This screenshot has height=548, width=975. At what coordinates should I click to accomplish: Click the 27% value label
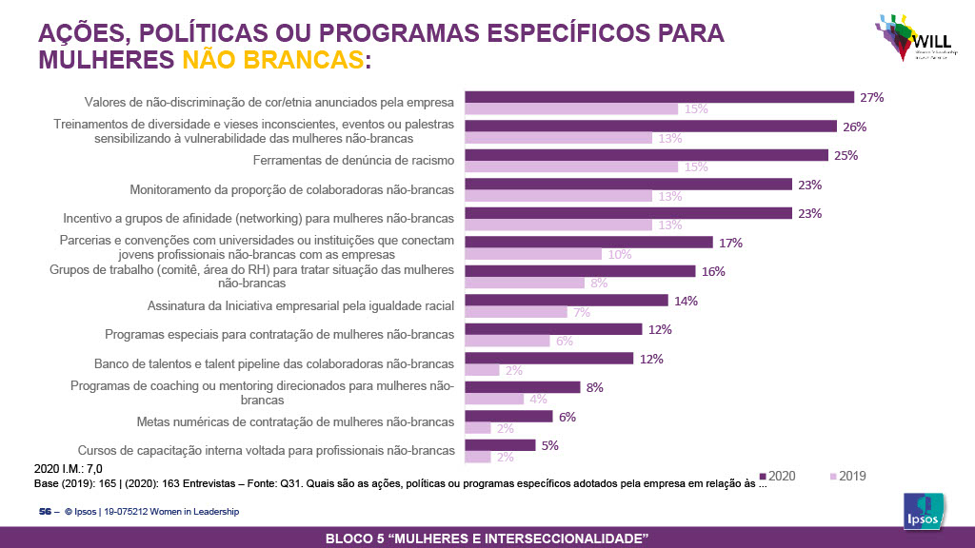pyautogui.click(x=873, y=97)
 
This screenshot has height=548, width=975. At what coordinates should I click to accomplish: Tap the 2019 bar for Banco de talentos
pyautogui.click(x=482, y=370)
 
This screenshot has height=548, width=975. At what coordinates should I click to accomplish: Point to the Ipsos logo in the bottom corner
pyautogui.click(x=923, y=514)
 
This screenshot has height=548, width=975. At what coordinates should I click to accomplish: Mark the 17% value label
pyautogui.click(x=731, y=243)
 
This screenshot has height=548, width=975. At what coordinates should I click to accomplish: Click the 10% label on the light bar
pyautogui.click(x=619, y=254)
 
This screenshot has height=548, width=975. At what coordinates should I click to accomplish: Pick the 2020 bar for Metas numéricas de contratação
pyautogui.click(x=508, y=417)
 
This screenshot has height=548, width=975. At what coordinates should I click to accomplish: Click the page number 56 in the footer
pyautogui.click(x=44, y=512)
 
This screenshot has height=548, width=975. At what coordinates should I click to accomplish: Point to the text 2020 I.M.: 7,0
pyautogui.click(x=69, y=468)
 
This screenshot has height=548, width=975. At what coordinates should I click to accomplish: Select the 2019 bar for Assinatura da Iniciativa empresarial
pyautogui.click(x=516, y=312)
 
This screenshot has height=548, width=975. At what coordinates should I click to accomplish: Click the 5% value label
pyautogui.click(x=550, y=445)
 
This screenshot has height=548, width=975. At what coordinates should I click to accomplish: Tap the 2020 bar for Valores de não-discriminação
pyautogui.click(x=659, y=97)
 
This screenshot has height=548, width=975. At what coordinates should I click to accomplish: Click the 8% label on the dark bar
pyautogui.click(x=595, y=387)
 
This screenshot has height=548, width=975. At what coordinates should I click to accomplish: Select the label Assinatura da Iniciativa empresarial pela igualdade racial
pyautogui.click(x=300, y=305)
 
